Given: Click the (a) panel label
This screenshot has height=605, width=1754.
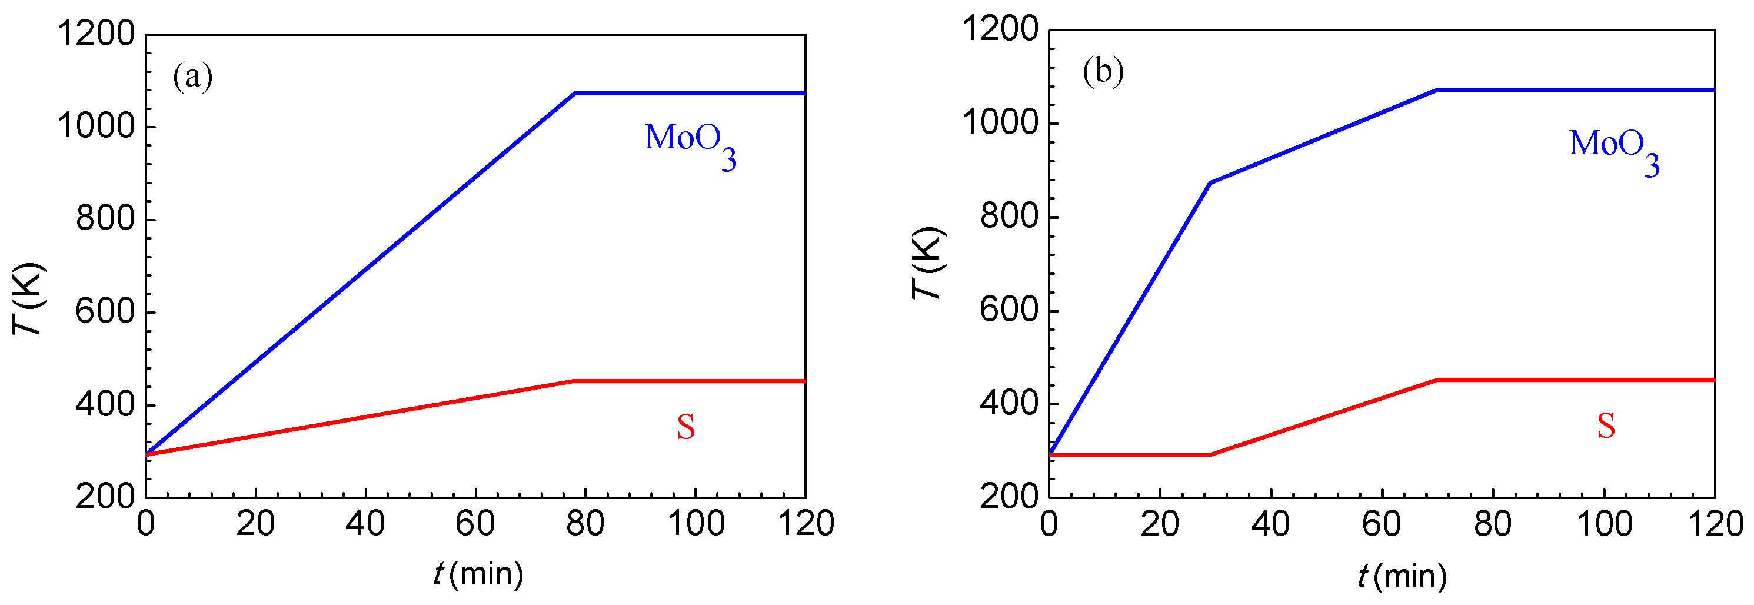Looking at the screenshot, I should (x=192, y=77).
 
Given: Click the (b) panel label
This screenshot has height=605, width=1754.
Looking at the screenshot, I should (x=1103, y=72).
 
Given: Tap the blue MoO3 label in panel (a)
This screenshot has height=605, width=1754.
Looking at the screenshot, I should (x=689, y=144).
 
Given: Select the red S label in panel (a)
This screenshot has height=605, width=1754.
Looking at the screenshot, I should (x=685, y=428).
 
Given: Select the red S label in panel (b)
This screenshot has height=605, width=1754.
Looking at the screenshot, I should (x=1606, y=427).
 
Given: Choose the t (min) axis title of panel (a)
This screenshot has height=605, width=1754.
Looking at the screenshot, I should (x=478, y=574).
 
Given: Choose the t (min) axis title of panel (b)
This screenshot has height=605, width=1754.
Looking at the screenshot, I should (x=1402, y=576).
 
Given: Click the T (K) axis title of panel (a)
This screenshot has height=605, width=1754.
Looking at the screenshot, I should (x=29, y=298).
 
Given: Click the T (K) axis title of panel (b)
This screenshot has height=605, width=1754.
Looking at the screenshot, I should (x=928, y=263).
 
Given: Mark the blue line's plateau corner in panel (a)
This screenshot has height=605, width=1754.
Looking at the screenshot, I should (x=575, y=94).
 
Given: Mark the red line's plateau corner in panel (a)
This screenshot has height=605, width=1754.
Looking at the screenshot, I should (x=574, y=381).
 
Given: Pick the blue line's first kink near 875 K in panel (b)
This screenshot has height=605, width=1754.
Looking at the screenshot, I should (x=1210, y=182).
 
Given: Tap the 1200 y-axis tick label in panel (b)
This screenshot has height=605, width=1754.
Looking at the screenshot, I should (x=1000, y=31).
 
